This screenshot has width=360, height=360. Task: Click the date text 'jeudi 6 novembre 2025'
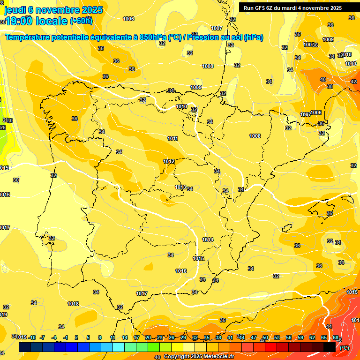pyautogui.click(x=48, y=10)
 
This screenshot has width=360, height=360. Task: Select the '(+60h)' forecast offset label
pyautogui.click(x=81, y=21)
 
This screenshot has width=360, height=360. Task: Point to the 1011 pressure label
pyautogui.click(x=172, y=138)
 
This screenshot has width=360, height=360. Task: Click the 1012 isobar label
pyautogui.click(x=169, y=161)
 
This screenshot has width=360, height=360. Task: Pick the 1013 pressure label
pyautogui.click(x=180, y=187)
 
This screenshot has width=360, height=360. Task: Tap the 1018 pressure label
pyautogui.click(x=73, y=304)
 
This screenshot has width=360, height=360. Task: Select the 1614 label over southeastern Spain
pyautogui.click(x=208, y=240)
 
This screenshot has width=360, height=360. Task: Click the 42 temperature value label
pyautogui.click(x=353, y=82)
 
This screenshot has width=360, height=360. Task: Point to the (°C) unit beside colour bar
pyautogui.click(x=345, y=348)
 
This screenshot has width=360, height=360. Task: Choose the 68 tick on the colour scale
pyautogui.click(x=336, y=337)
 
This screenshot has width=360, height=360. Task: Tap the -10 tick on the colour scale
pyautogui.click(x=32, y=337)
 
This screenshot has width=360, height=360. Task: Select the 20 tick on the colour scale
pyautogui.click(x=148, y=337)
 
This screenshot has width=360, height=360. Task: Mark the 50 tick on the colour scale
pyautogui.click(x=265, y=337)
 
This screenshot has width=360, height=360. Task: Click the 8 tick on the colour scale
pyautogui.click(x=100, y=337)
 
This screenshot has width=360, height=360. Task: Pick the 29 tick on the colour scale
pyautogui.click(x=183, y=337)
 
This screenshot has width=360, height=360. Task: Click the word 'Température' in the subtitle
pyautogui.click(x=29, y=37)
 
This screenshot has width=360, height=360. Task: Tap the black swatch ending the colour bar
pyautogui.click(x=330, y=347)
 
